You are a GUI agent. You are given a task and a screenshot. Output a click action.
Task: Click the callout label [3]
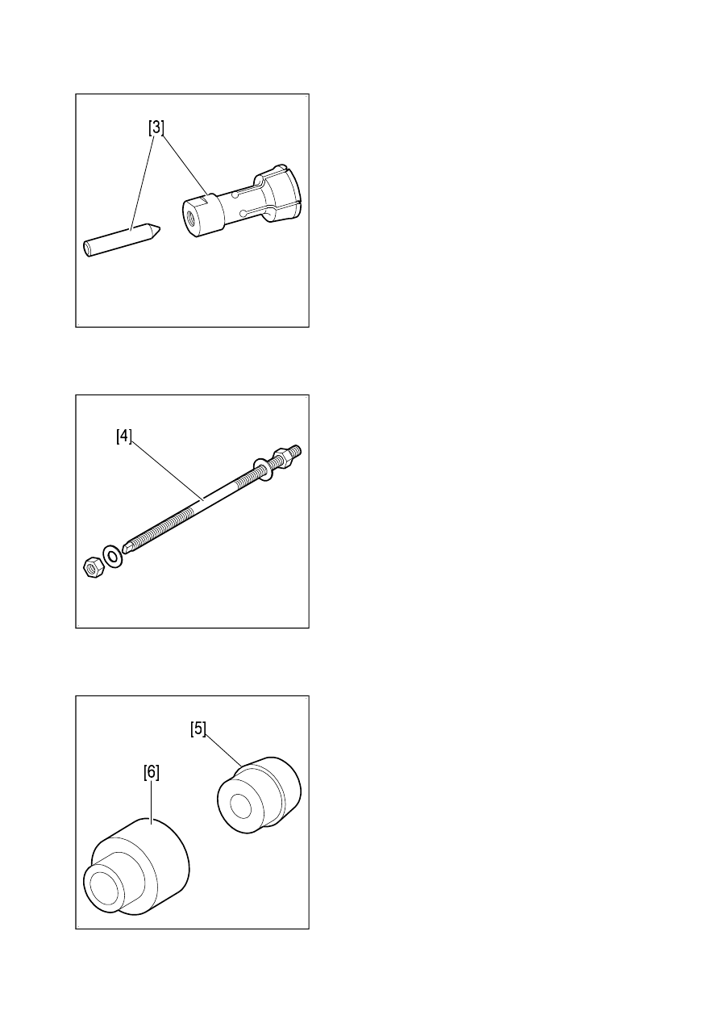click(x=156, y=127)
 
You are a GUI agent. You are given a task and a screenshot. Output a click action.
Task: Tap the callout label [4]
click(x=124, y=436)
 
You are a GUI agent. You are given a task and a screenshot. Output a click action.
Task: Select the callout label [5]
click(x=198, y=729)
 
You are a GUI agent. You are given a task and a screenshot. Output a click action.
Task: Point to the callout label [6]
click(x=152, y=772)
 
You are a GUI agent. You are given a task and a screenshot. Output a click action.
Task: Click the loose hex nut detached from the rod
click(x=94, y=569)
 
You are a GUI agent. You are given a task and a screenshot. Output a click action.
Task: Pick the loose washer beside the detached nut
click(x=112, y=557)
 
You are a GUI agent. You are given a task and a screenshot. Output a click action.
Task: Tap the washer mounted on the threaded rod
click(x=264, y=469)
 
